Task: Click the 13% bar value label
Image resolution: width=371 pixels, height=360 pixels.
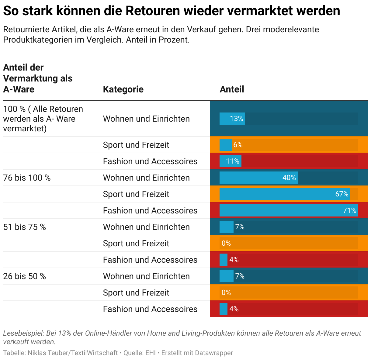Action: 236,119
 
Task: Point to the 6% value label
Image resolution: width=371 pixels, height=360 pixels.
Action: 238,145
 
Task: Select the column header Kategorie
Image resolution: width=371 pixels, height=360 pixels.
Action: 123,89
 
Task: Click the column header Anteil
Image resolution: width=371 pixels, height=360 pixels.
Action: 232,89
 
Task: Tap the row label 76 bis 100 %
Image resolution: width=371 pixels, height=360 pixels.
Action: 27,178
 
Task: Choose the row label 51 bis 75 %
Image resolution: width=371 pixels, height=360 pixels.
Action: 24,227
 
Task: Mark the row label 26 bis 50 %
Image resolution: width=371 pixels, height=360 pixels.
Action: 24,276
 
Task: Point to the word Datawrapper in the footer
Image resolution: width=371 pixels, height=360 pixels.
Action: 214,353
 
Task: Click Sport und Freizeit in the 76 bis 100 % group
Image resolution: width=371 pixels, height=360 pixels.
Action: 136,194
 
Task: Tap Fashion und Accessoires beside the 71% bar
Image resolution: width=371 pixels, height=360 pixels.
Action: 150,210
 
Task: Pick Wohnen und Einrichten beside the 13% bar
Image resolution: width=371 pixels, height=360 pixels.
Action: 146,119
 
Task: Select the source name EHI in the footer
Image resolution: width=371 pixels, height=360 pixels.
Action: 151,353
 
